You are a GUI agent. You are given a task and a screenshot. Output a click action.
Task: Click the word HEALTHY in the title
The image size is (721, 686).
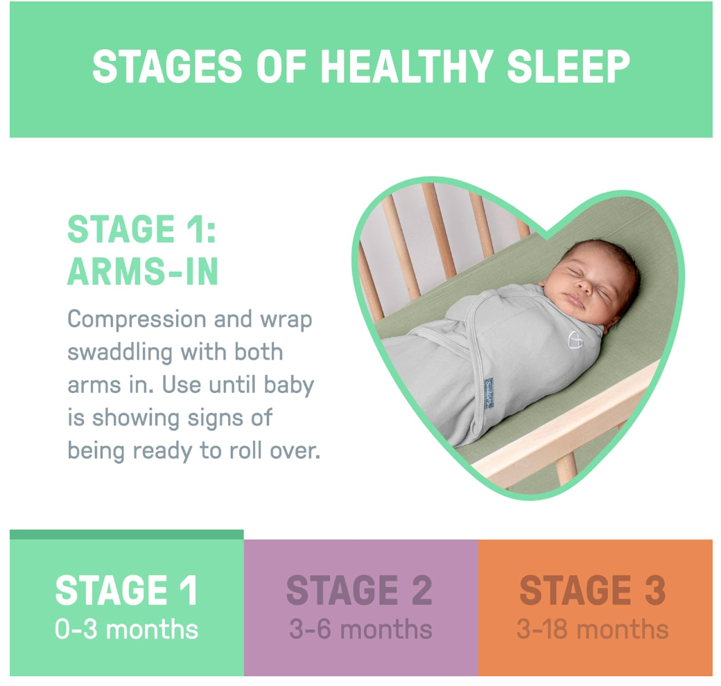pyautogui.click(x=406, y=67)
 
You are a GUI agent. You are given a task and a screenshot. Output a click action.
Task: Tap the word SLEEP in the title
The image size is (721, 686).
pyautogui.click(x=568, y=67)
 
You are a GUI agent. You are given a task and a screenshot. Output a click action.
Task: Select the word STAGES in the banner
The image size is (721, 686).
pyautogui.click(x=167, y=67)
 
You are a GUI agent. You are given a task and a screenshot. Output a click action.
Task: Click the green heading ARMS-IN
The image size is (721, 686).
pyautogui.click(x=143, y=272)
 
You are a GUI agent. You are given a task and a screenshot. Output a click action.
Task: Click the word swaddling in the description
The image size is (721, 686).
pyautogui.click(x=120, y=353)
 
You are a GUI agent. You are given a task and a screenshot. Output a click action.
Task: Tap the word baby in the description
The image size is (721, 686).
pyautogui.click(x=289, y=385)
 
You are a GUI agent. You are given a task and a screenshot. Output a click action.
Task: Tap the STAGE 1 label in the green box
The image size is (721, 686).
pyautogui.click(x=126, y=590)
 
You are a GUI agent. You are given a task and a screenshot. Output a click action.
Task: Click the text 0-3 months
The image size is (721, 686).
pyautogui.click(x=126, y=629)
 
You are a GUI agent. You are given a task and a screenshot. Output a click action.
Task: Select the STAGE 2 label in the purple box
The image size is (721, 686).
pyautogui.click(x=360, y=590)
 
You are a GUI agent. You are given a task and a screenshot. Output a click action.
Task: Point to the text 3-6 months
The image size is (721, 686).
pyautogui.click(x=360, y=629)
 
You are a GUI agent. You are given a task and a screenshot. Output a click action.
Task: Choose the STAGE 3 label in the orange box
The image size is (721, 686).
pyautogui.click(x=592, y=590)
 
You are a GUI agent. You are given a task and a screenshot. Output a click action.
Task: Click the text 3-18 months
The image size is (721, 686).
pyautogui.click(x=592, y=629)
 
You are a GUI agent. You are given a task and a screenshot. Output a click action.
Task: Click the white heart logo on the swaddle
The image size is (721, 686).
pyautogui.click(x=575, y=340)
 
